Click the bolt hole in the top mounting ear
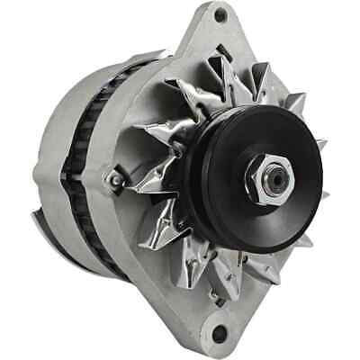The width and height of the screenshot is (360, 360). (x=220, y=15)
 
